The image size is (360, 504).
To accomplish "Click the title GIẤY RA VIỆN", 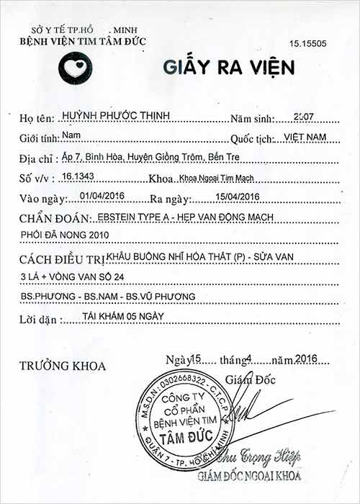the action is click(x=229, y=67).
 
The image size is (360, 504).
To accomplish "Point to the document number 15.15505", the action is click(x=309, y=44).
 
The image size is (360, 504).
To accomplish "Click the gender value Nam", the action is click(x=71, y=135).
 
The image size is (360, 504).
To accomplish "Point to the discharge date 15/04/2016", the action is click(x=235, y=197).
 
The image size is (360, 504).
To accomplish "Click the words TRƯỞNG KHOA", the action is click(x=63, y=366).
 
